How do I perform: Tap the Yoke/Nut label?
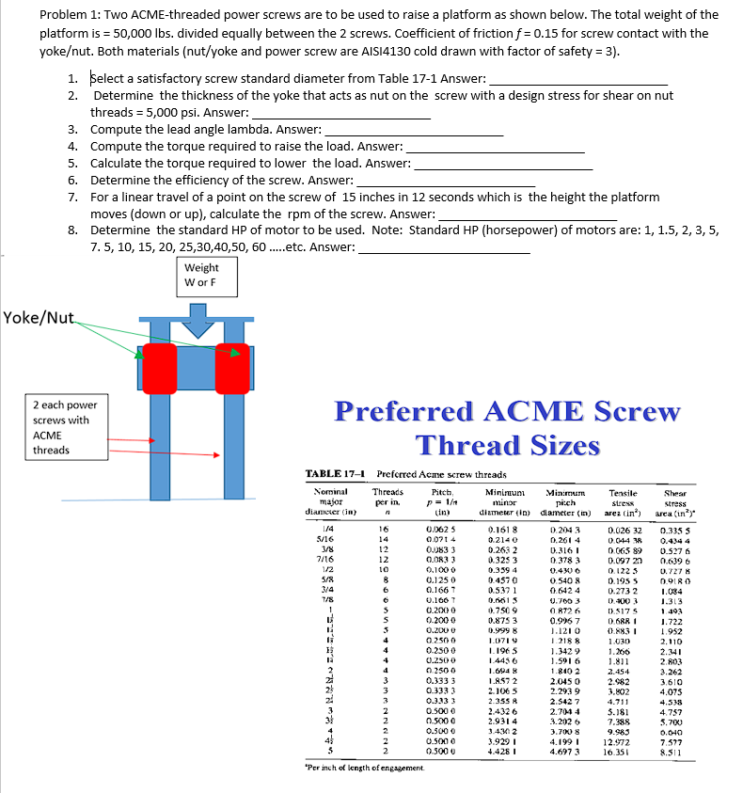(x=38, y=317)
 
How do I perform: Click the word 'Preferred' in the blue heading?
(x=403, y=412)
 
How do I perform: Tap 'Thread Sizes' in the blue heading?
(x=507, y=444)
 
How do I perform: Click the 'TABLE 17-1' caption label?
(x=338, y=474)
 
